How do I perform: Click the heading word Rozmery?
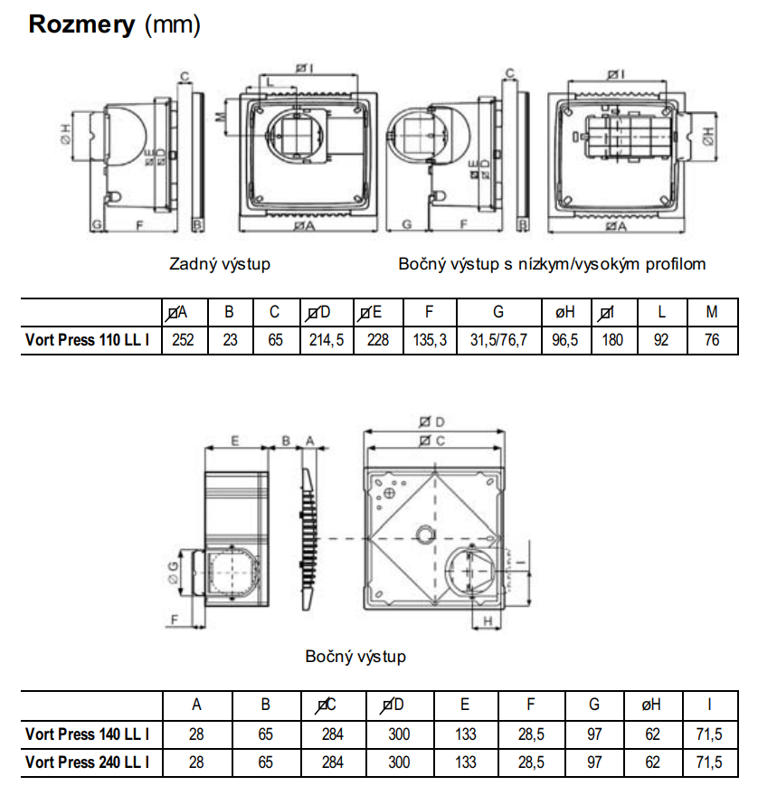[82, 24]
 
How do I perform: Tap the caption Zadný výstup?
[220, 264]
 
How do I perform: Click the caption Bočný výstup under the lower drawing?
[355, 657]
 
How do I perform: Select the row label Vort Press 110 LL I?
[88, 340]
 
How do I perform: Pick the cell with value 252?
[183, 340]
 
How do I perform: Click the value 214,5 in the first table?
[326, 340]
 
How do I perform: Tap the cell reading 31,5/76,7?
[498, 340]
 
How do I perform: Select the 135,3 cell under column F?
[429, 340]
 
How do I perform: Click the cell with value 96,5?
[566, 340]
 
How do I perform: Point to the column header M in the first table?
[712, 313]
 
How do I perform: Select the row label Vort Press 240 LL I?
[88, 762]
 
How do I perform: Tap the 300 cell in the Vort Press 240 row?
[399, 762]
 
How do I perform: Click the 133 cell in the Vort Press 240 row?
[465, 762]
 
